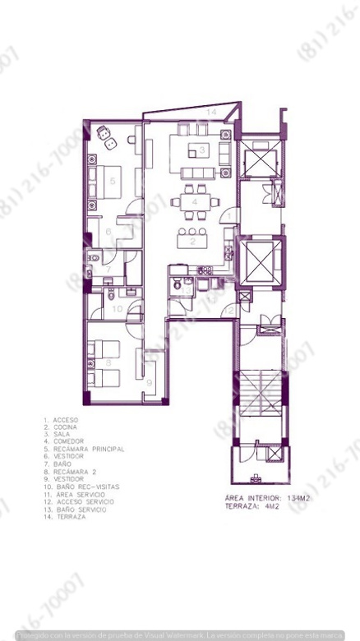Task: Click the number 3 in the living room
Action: click(201, 150)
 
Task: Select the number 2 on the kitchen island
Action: click(193, 241)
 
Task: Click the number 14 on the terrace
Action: click(210, 110)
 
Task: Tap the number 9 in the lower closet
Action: click(150, 381)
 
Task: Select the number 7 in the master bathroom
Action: click(107, 269)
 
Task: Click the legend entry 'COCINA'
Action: click(67, 426)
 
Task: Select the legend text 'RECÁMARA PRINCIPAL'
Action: click(89, 449)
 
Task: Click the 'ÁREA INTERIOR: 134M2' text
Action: click(264, 497)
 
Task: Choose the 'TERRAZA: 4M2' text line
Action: click(251, 506)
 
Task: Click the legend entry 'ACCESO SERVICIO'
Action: click(83, 501)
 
